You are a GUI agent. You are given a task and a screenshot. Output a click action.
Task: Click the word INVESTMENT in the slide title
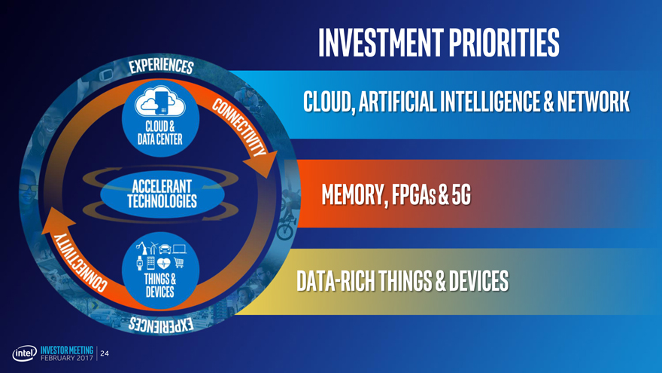tap(381, 42)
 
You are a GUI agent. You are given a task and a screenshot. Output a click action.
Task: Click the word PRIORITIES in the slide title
tap(504, 42)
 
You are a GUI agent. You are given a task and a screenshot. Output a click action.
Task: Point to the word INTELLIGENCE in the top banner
tap(490, 102)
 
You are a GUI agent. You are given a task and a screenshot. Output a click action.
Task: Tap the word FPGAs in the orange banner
tap(413, 195)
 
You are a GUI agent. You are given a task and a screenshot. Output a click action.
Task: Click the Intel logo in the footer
tap(25, 353)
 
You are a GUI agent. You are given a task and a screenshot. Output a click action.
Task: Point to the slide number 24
tap(105, 353)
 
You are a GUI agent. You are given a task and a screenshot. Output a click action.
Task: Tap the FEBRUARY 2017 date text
tap(67, 358)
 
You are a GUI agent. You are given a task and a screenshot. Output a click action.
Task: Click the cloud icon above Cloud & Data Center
tap(160, 102)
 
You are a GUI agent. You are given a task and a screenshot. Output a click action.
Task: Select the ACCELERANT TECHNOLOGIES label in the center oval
tap(162, 194)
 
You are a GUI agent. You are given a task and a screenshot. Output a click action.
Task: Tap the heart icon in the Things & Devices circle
tap(164, 264)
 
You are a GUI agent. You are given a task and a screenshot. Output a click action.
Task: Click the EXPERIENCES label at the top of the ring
tap(161, 66)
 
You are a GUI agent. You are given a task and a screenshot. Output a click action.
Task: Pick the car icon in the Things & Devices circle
tap(165, 249)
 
